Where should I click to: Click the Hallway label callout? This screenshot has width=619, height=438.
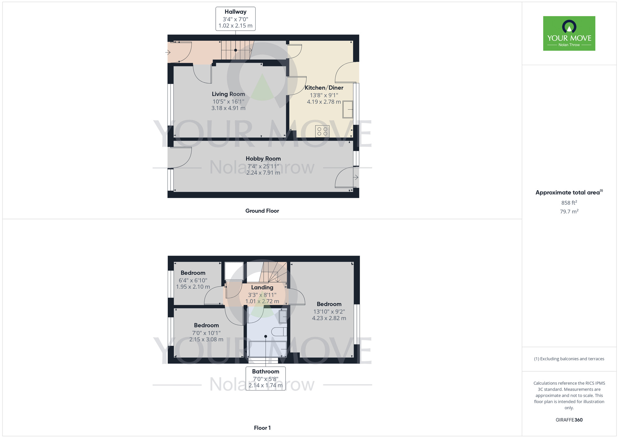pos(235,19)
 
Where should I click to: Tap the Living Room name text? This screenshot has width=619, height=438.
pos(228,94)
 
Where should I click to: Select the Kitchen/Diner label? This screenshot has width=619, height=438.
pos(324,88)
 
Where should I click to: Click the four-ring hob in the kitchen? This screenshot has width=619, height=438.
pos(322,131)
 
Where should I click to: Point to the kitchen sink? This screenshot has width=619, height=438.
pos(348,109)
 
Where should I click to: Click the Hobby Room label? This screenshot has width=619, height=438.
pos(263,159)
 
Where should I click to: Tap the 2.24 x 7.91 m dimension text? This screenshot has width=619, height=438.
pos(263,173)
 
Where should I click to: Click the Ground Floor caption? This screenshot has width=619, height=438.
pos(262,211)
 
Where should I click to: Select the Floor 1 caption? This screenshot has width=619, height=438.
pos(262,428)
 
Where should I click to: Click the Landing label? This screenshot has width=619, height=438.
pos(262,287)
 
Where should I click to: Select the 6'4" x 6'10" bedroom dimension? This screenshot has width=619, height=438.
pos(193,280)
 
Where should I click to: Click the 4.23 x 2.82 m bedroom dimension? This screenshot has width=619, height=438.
pos(329,318)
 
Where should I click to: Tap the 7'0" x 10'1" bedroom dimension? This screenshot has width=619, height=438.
pos(206,333)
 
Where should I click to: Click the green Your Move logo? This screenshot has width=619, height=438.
pos(569,33)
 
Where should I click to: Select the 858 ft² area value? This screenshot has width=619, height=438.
pos(569,203)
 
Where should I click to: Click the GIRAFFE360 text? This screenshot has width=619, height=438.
pos(569,420)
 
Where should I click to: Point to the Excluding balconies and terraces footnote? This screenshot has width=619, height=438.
pos(569,359)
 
